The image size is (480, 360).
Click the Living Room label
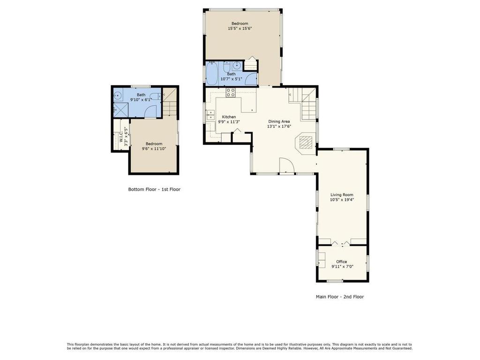342,195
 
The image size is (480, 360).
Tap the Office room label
342,262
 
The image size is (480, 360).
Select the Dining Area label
279,121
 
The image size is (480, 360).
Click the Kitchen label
229,117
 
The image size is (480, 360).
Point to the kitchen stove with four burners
231,92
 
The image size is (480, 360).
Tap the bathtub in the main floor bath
211,74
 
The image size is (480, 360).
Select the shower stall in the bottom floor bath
120,109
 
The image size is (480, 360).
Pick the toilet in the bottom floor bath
156,96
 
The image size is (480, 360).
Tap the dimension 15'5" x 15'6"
240,29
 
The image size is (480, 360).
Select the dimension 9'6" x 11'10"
154,149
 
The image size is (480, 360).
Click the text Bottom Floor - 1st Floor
154,189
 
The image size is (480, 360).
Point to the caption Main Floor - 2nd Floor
340,297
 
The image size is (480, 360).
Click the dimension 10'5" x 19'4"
342,200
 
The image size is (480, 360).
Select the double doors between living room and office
341,243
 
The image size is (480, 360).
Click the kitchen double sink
210,115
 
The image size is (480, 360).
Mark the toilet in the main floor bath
226,67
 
